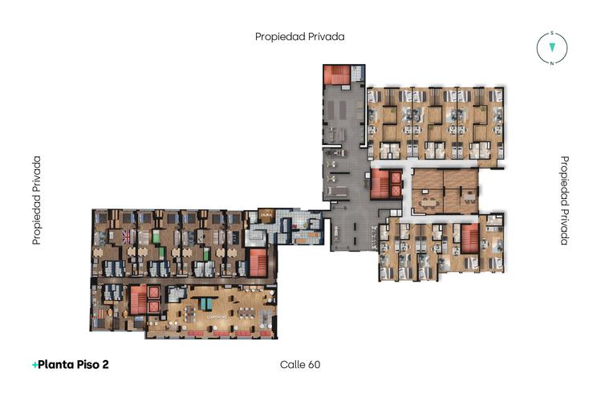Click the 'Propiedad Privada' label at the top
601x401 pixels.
pos(299,36)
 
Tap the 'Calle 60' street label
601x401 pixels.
pos(300,364)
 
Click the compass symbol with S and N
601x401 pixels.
pos(552,48)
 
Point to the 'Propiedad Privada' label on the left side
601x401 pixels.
pos(36,200)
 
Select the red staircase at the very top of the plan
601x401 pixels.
pos(337,75)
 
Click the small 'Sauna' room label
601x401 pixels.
pos(265,215)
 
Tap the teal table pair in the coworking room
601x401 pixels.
pos(207,303)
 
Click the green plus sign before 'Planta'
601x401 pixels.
pos(35,365)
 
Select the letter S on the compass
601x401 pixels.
pos(552,34)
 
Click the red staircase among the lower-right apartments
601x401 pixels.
pos(469,238)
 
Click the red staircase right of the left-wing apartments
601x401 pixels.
pos(257,261)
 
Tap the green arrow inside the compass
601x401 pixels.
pos(552,48)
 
